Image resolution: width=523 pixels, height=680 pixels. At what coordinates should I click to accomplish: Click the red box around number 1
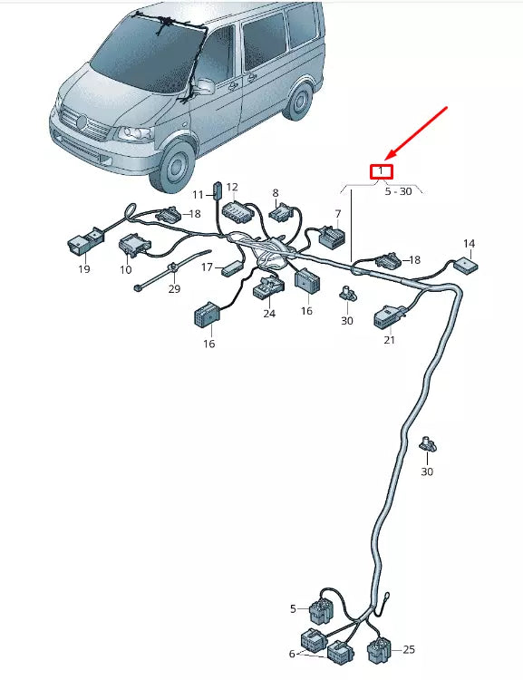point(382,171)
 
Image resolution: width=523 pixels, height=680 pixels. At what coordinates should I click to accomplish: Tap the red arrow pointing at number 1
point(416,132)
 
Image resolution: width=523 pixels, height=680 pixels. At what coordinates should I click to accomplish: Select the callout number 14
point(469,244)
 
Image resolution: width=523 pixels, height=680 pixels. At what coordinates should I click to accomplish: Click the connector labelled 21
point(389,316)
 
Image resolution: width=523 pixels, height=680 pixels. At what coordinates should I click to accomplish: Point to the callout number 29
point(174,289)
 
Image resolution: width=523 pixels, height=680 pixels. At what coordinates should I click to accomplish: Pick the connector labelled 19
point(86,240)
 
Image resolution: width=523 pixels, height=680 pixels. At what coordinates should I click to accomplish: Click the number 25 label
point(409,649)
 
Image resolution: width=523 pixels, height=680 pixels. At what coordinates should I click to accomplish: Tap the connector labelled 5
point(321,611)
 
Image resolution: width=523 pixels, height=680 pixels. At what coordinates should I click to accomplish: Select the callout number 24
point(269,313)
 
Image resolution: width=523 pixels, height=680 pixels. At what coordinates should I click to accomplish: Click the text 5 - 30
point(398,191)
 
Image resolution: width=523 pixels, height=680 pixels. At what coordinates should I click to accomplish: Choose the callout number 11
point(198,195)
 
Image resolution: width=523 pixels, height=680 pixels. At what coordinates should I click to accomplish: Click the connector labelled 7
point(333,236)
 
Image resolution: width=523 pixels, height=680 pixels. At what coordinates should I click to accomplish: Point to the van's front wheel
point(176,167)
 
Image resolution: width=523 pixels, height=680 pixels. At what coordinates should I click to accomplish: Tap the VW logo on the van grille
point(82,122)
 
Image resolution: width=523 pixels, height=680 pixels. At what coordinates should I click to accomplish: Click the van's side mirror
point(204,86)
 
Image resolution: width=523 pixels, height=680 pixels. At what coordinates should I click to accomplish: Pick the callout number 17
point(207,267)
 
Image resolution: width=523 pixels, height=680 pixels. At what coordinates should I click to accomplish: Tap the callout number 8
point(276,193)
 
